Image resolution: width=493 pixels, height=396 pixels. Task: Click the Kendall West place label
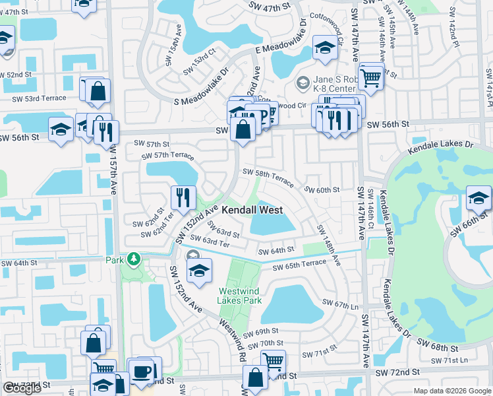pos(252,210)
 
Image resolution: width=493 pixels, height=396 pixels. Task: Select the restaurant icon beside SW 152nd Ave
pos(183,197)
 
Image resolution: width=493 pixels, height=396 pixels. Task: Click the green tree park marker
pos(134,258)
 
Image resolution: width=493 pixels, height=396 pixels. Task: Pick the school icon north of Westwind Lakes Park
pos(198,269)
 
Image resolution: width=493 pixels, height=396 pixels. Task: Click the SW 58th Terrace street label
pos(268,174)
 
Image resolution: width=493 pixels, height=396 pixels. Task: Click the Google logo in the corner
pos(22,387)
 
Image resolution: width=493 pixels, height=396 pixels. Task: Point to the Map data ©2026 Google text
pos(451,391)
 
